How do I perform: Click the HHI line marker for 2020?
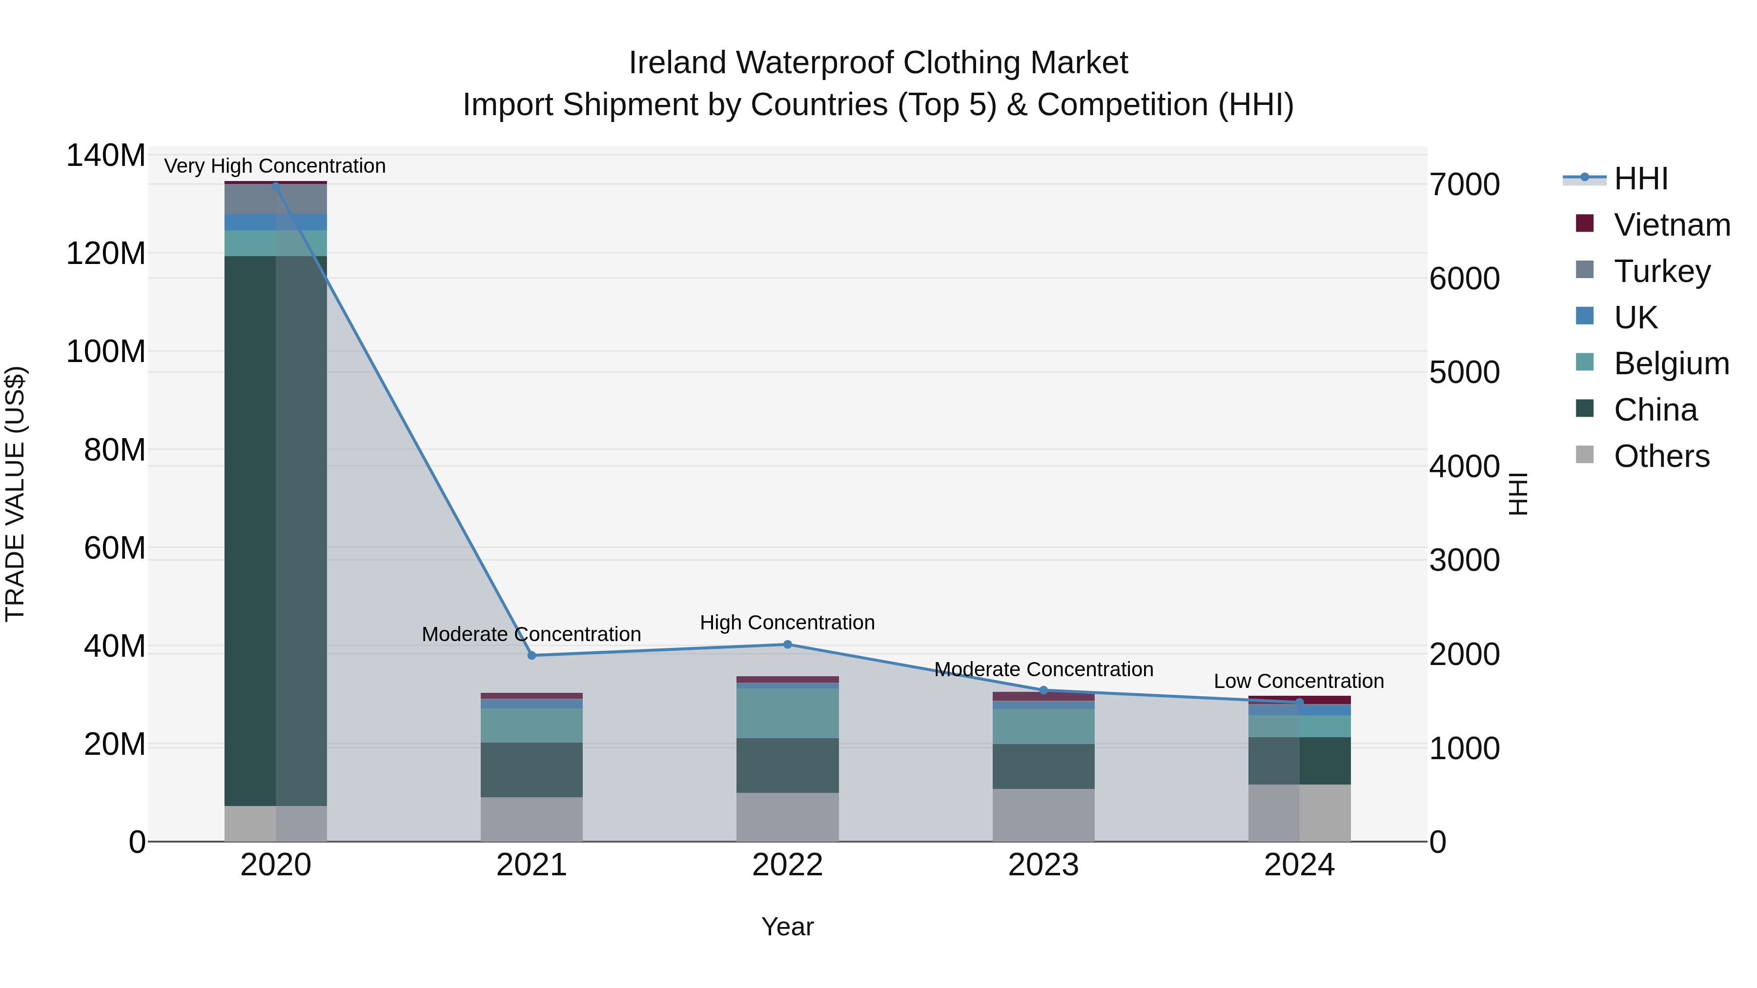click(276, 185)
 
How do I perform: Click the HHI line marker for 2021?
click(532, 655)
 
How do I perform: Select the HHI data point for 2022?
click(787, 645)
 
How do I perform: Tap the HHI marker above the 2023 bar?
click(1043, 690)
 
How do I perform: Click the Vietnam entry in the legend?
click(1671, 225)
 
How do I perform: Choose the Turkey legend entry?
click(1661, 271)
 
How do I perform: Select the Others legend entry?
click(1661, 456)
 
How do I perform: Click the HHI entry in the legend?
click(1640, 179)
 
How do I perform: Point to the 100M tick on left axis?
click(106, 352)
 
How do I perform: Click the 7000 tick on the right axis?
click(1464, 185)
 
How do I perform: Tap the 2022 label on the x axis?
click(787, 865)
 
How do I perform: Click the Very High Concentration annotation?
click(275, 166)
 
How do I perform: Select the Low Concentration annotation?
click(1299, 681)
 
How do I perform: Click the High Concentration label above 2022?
click(787, 623)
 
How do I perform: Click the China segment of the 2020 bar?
click(276, 532)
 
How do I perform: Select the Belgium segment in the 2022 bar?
click(787, 713)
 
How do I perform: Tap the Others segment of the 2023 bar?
click(1043, 815)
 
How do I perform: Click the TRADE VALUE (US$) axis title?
click(15, 494)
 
